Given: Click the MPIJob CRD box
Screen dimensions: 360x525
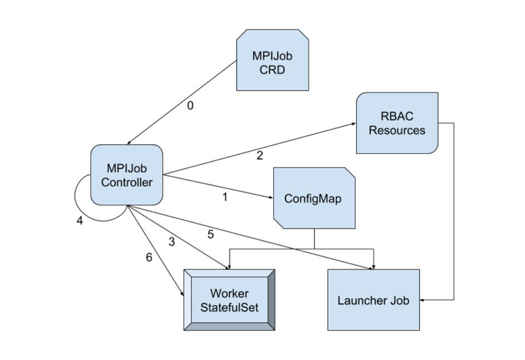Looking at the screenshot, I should (273, 60).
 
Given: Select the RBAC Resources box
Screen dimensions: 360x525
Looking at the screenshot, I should (397, 123).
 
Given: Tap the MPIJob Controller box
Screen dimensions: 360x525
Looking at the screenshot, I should (126, 175).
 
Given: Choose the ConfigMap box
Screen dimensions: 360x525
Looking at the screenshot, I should (314, 198).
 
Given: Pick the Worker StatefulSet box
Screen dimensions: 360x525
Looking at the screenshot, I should (229, 300).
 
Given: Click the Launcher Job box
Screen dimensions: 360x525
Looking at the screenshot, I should (373, 300).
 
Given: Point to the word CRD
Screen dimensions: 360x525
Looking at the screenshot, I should (273, 70).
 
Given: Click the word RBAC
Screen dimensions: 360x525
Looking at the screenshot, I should (397, 116).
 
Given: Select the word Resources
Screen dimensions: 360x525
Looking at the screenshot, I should (397, 130).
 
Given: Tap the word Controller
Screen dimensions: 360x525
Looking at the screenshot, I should (126, 182).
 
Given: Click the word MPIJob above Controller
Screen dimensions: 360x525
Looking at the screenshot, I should (126, 168).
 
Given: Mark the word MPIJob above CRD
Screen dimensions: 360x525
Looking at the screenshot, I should (273, 56).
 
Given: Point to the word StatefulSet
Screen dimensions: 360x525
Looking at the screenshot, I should (229, 308).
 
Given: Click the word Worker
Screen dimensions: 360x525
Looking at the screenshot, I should (229, 294).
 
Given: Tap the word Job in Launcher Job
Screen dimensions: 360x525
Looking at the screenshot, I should (399, 300).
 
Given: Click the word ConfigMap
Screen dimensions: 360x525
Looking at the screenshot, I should (312, 198).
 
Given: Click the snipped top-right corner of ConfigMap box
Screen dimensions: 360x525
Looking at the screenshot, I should (349, 173).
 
